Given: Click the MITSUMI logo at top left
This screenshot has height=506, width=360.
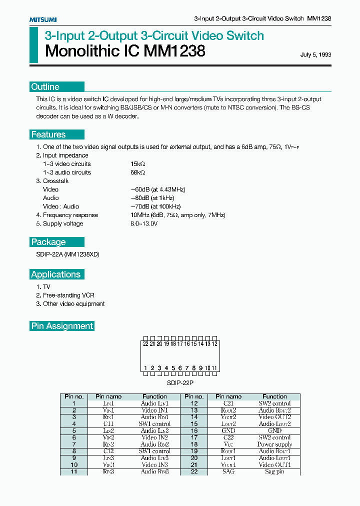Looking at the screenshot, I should [x=43, y=19].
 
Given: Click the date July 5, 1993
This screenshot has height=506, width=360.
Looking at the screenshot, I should [x=315, y=55].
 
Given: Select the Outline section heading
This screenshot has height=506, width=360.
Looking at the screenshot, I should [x=45, y=87].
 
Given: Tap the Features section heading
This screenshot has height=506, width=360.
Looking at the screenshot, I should [x=48, y=134].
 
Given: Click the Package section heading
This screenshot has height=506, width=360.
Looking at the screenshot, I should [x=48, y=242].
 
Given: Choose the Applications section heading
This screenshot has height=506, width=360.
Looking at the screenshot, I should [x=56, y=274].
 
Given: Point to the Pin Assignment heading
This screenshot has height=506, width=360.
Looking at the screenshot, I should [x=62, y=326].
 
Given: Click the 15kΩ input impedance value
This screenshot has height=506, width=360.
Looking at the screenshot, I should [x=137, y=164].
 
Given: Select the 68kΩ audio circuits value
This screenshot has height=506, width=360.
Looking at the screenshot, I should [x=137, y=172].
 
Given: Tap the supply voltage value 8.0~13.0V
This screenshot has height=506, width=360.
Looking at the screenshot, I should [x=144, y=223].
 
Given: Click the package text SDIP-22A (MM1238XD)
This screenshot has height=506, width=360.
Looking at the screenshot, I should [x=64, y=254].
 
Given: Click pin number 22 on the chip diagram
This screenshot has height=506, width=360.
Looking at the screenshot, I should [x=145, y=344].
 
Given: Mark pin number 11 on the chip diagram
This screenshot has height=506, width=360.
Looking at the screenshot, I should [x=214, y=368].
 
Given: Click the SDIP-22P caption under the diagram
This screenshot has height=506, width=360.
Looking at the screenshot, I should [x=180, y=382].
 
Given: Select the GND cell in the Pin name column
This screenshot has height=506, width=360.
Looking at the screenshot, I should [x=228, y=430].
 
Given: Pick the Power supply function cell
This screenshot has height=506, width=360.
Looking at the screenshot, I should [x=274, y=444].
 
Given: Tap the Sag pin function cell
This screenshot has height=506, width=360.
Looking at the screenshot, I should [x=274, y=471].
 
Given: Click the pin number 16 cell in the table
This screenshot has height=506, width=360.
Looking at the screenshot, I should [x=194, y=430].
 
